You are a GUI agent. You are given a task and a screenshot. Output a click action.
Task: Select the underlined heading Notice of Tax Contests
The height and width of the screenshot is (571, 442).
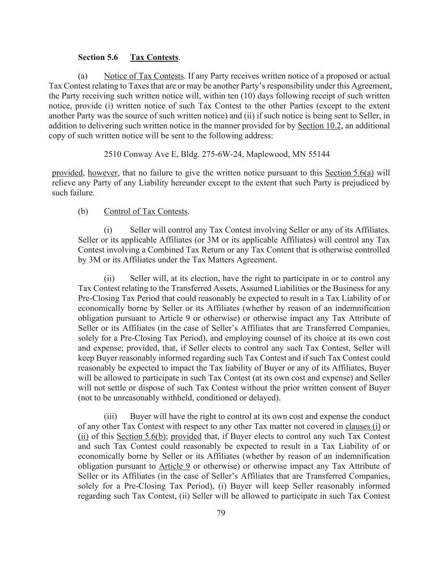(x=144, y=76)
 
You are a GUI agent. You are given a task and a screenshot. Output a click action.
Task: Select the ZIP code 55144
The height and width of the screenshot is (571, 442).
(x=319, y=154)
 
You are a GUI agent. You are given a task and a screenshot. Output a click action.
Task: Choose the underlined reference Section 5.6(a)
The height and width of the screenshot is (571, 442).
(x=349, y=173)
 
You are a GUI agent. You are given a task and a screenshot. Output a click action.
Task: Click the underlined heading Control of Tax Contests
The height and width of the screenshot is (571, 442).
(x=146, y=211)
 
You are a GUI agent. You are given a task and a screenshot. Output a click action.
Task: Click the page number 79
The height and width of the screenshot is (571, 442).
(x=221, y=513)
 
